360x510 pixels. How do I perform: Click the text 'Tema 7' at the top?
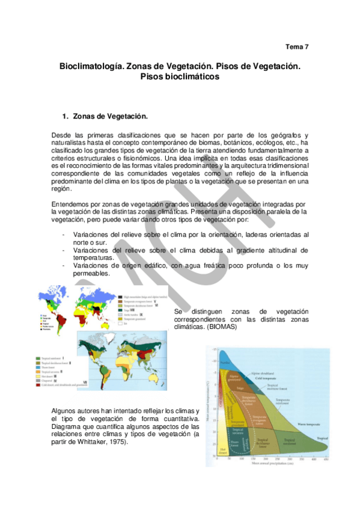297,46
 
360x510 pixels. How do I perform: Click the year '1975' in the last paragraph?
119,443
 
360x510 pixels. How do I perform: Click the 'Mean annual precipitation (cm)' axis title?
267,463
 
